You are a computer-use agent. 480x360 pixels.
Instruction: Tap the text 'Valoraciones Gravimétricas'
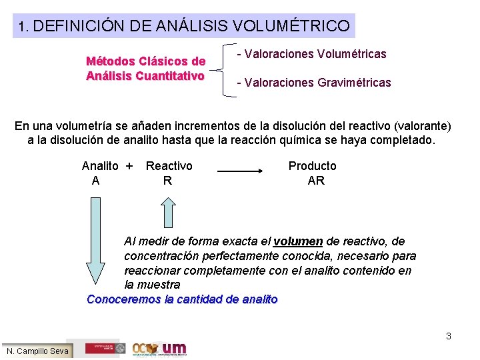click(317, 83)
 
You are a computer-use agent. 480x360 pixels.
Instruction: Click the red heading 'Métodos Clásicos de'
click(145, 61)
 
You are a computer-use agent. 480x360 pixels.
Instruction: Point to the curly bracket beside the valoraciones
click(227, 69)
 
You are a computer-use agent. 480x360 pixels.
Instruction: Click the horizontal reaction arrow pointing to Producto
click(241, 171)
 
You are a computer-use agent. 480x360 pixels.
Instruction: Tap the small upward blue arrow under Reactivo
click(168, 214)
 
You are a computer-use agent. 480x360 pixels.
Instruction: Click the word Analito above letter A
click(100, 166)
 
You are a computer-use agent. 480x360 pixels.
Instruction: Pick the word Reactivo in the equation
click(169, 166)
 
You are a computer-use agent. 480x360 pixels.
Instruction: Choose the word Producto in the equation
click(312, 166)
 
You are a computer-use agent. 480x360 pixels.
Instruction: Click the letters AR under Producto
click(316, 181)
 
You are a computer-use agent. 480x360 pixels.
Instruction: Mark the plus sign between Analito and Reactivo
click(129, 166)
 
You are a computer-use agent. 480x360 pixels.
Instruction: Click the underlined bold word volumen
click(298, 241)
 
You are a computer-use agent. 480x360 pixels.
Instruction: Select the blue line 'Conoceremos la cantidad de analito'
click(182, 299)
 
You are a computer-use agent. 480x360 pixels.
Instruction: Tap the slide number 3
click(449, 336)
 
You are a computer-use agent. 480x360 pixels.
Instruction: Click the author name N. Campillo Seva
click(37, 351)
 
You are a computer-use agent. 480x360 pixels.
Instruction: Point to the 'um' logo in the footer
click(175, 348)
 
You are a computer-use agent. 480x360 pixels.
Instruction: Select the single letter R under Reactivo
click(167, 181)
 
